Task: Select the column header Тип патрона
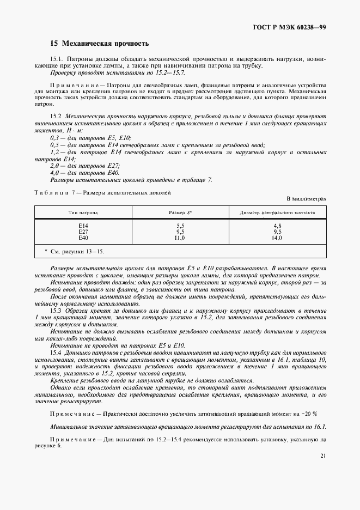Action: [x=83, y=212]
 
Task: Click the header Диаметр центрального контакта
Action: [x=277, y=212]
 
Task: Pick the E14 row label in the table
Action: [x=83, y=225]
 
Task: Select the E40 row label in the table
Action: [x=83, y=238]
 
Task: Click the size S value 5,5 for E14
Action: [x=180, y=225]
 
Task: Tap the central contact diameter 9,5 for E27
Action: [x=277, y=232]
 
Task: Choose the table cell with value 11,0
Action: [x=180, y=238]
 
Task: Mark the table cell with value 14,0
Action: [x=277, y=238]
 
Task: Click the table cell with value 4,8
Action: [x=277, y=225]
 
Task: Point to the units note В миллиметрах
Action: [x=306, y=199]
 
